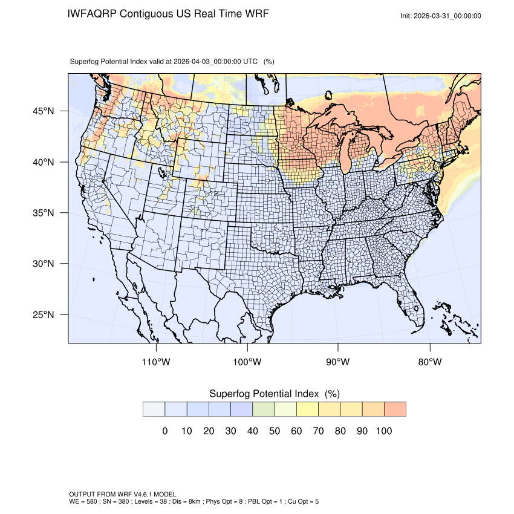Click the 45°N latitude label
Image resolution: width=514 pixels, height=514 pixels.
[x=44, y=111]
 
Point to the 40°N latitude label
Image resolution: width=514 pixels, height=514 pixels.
[x=44, y=162]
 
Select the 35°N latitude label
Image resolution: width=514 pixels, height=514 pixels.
[x=44, y=213]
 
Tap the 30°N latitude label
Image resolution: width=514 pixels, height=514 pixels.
[x=44, y=264]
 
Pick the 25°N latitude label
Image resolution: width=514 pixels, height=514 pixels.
[x=44, y=314]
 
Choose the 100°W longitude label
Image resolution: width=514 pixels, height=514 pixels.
[x=247, y=362]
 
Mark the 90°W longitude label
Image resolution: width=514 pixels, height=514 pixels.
[x=338, y=362]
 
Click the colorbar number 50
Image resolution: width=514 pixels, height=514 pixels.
[x=275, y=431]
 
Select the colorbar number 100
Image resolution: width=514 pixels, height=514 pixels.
[x=384, y=431]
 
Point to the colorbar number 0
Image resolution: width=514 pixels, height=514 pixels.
[x=164, y=431]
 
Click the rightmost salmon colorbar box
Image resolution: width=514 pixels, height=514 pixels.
[x=395, y=409]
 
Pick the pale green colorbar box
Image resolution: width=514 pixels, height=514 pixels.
[x=264, y=409]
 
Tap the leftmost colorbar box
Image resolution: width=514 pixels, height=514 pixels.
[x=154, y=409]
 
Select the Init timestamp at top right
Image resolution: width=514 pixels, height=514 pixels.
[x=441, y=16]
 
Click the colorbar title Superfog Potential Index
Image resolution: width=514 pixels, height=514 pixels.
[x=265, y=394]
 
